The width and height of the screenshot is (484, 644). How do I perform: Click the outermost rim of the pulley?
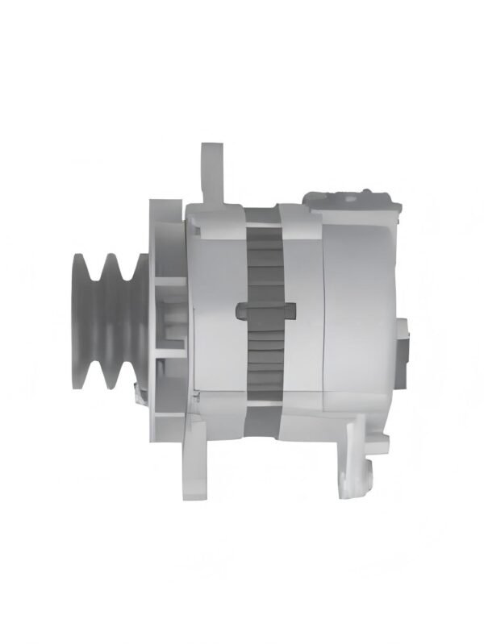coord(78,320)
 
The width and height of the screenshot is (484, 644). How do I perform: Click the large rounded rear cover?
coord(363,314)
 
